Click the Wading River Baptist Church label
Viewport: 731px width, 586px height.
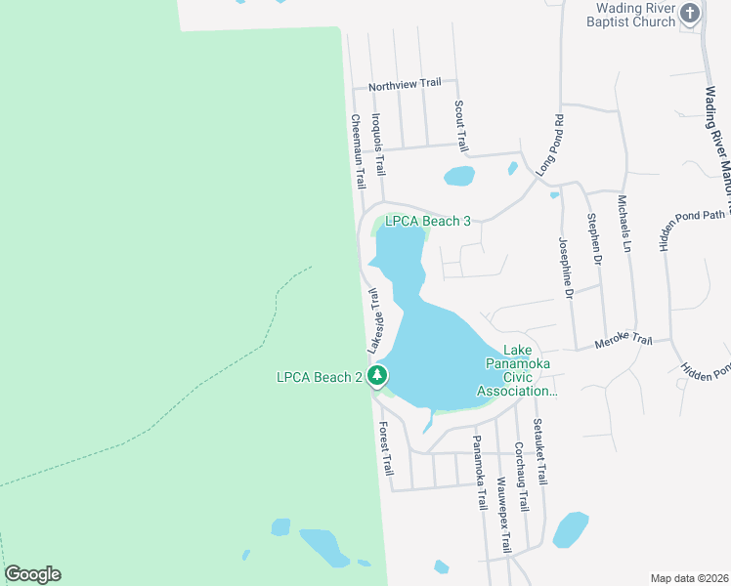[636, 15]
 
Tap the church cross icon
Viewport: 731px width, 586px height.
[691, 14]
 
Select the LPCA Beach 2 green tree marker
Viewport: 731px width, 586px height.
[378, 376]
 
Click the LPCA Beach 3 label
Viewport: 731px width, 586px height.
[428, 221]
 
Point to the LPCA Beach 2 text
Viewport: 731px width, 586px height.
[320, 376]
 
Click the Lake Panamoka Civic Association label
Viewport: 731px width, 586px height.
[517, 371]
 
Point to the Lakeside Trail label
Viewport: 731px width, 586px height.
[372, 319]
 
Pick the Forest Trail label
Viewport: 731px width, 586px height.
[385, 448]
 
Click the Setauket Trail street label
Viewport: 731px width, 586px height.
[538, 451]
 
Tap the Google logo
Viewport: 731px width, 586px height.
[32, 574]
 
